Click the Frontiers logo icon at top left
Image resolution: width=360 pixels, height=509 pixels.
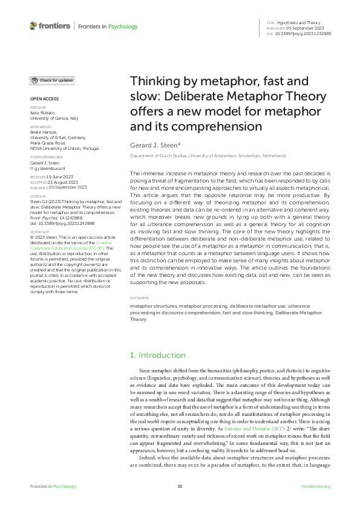point(33,26)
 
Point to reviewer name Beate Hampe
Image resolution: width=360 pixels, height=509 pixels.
point(43,132)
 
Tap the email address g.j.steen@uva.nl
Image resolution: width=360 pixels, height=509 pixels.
point(50,169)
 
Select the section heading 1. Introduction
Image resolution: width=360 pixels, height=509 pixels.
point(158,355)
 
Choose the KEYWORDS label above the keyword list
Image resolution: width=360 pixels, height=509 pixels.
point(140,299)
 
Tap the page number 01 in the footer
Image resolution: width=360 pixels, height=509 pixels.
point(180,487)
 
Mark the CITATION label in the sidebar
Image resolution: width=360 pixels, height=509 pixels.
point(38,196)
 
